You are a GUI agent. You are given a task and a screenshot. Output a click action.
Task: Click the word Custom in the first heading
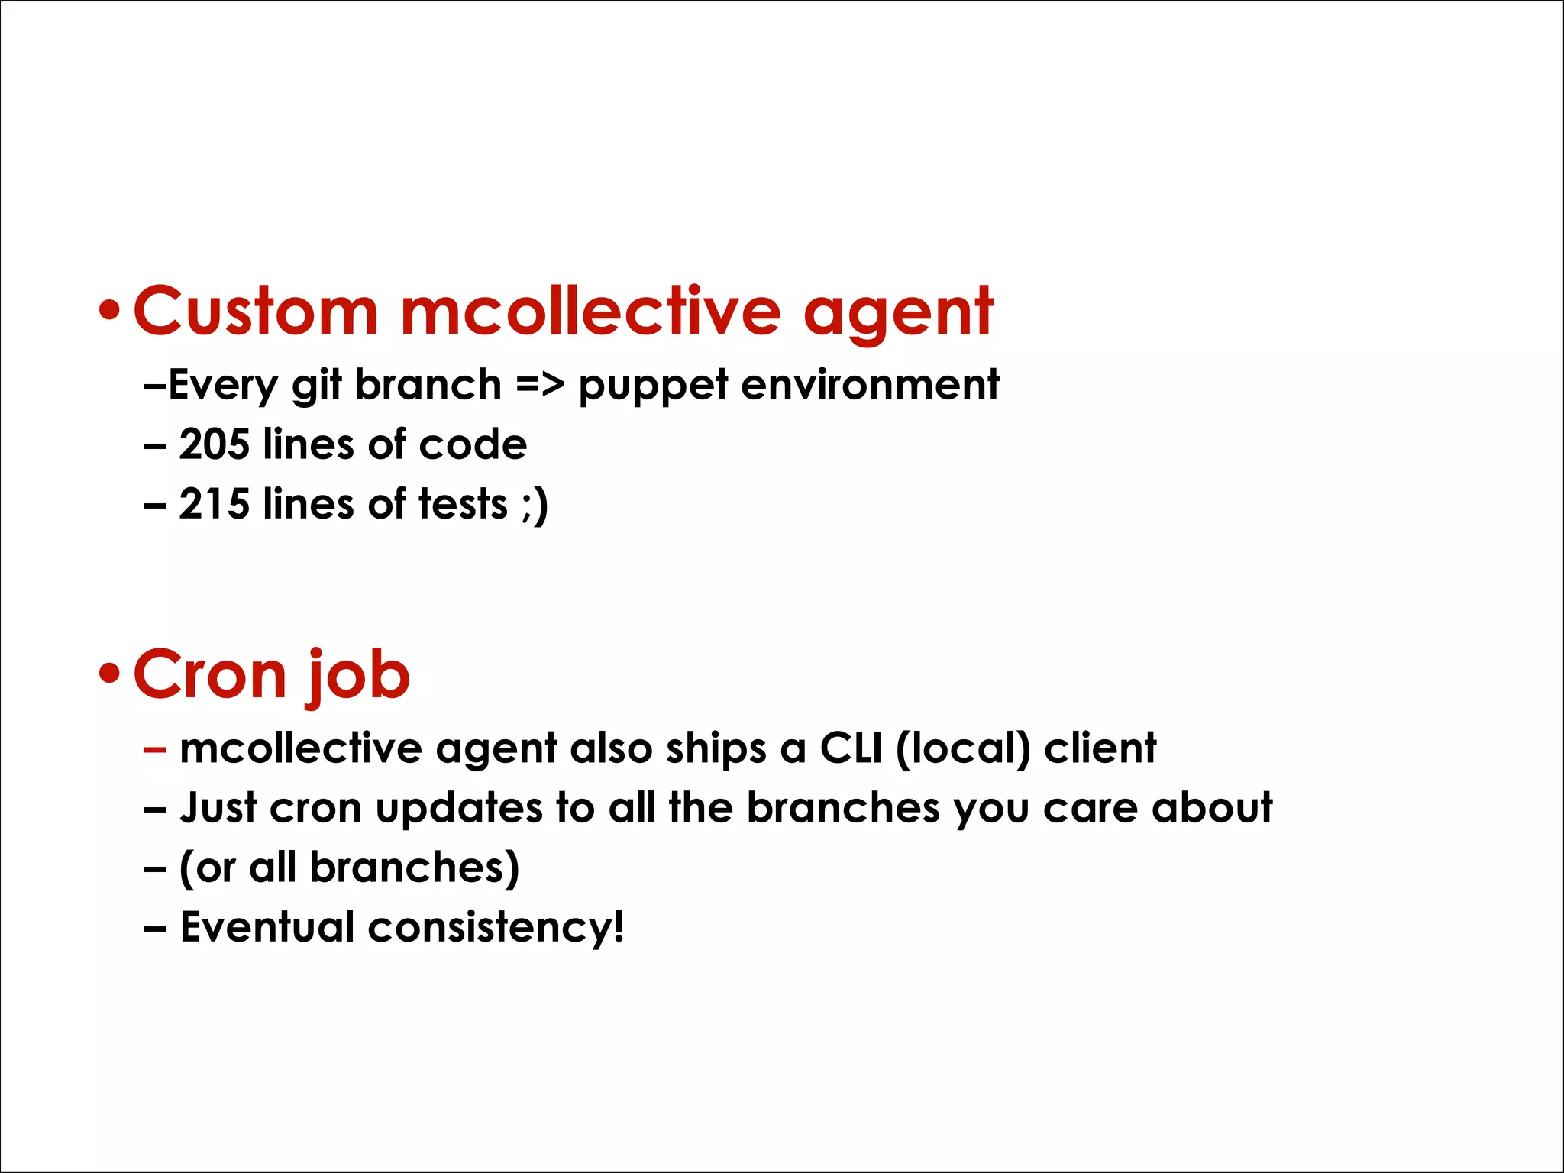pos(255,311)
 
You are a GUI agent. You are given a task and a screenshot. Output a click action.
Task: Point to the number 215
pos(214,504)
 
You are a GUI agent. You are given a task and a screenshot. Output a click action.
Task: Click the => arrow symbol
pos(539,384)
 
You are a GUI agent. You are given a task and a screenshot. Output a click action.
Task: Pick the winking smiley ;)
pos(535,506)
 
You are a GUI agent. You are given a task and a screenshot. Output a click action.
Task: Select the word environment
pos(870,384)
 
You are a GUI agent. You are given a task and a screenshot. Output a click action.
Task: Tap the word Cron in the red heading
pos(209,674)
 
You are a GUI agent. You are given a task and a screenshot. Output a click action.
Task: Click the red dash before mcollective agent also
pos(154,749)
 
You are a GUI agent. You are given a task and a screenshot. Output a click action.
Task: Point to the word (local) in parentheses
pos(963,748)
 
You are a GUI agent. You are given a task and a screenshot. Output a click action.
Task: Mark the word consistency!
pos(496,927)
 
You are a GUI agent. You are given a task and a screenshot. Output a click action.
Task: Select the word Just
pos(218,807)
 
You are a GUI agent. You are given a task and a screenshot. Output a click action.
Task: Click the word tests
pos(463,504)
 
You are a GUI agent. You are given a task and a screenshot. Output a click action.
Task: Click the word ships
pos(716,749)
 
